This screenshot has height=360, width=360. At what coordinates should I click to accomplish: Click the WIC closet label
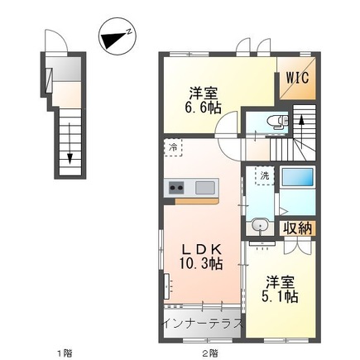tap(297, 78)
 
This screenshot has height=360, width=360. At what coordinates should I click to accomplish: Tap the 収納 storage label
tap(298, 228)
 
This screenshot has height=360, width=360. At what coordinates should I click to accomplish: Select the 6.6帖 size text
tap(203, 108)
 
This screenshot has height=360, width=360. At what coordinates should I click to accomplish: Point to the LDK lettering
tap(202, 250)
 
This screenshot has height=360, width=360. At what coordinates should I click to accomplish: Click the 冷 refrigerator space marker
tap(173, 147)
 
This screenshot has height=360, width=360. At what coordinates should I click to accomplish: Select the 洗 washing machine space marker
tap(265, 175)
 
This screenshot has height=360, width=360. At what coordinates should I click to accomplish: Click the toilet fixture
tap(278, 122)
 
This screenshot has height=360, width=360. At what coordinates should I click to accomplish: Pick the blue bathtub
tap(298, 177)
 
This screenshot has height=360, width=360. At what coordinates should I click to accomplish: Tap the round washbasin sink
tap(260, 225)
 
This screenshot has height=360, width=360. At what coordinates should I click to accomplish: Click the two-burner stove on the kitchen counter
tap(177, 188)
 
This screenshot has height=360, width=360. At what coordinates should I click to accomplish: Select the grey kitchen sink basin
tap(205, 188)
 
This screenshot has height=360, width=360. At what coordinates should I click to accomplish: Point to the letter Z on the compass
tap(128, 31)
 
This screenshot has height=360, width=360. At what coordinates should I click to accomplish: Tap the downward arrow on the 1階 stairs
tap(70, 143)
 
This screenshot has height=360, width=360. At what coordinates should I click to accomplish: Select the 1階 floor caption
tap(65, 353)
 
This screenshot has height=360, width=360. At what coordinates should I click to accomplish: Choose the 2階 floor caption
tap(210, 353)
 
